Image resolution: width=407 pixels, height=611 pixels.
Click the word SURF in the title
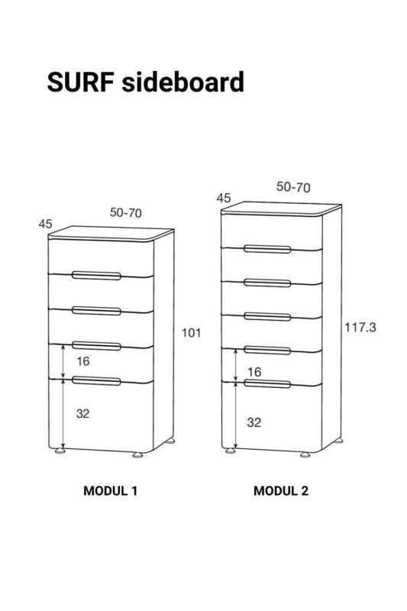coord(81,82)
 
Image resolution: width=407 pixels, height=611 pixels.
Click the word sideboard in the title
coord(183,82)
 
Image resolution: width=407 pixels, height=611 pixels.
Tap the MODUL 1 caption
coord(110,490)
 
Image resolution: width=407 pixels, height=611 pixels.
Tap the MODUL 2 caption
coord(281,490)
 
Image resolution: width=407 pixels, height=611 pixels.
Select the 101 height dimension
coord(191,333)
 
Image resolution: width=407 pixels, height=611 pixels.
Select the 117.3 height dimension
coord(360,328)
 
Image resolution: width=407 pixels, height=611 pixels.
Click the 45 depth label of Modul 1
coord(45,224)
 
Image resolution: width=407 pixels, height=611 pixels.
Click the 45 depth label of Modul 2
coord(224,198)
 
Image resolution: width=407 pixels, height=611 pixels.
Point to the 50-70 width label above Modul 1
coord(126,213)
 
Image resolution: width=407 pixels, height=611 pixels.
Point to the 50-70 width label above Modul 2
coord(293,187)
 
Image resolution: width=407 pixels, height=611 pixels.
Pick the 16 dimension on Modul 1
coord(83,361)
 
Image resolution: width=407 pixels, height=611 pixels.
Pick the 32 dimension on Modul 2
coord(254,422)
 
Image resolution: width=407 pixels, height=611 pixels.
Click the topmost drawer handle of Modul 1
coord(96,276)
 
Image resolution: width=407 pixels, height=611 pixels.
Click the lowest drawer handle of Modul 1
coord(96,380)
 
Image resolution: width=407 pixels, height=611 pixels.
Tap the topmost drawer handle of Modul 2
coord(267,249)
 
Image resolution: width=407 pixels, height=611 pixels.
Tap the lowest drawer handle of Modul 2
coord(267,384)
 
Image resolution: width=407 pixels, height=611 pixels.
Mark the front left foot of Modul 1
coord(60,451)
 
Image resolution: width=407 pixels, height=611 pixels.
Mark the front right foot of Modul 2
coord(305,454)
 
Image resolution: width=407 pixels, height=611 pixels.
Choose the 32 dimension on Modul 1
coord(83,413)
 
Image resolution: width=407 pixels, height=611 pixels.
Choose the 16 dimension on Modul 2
coord(254,372)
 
